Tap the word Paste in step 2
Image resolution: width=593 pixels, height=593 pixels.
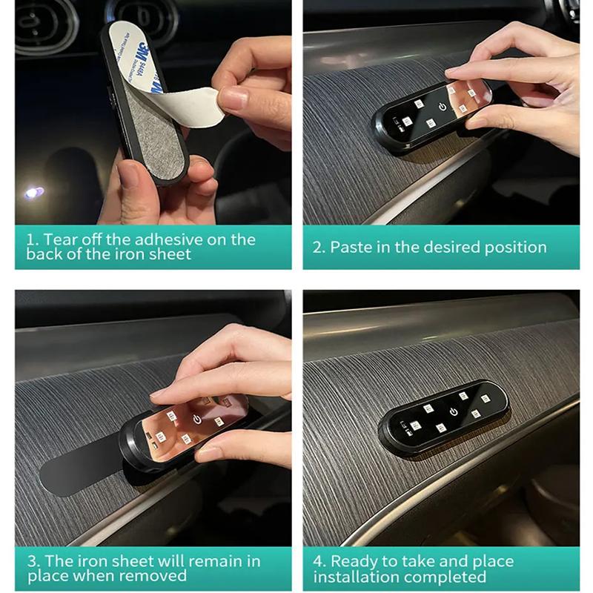coord(351,247)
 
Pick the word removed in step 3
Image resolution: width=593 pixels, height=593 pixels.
coord(152,575)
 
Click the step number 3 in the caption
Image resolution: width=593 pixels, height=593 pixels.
coord(32,561)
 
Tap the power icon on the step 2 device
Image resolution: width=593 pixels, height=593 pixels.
coord(443,107)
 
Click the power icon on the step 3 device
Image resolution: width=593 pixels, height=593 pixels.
coord(197,419)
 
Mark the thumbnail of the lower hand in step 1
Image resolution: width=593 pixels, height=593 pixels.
coord(129,176)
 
